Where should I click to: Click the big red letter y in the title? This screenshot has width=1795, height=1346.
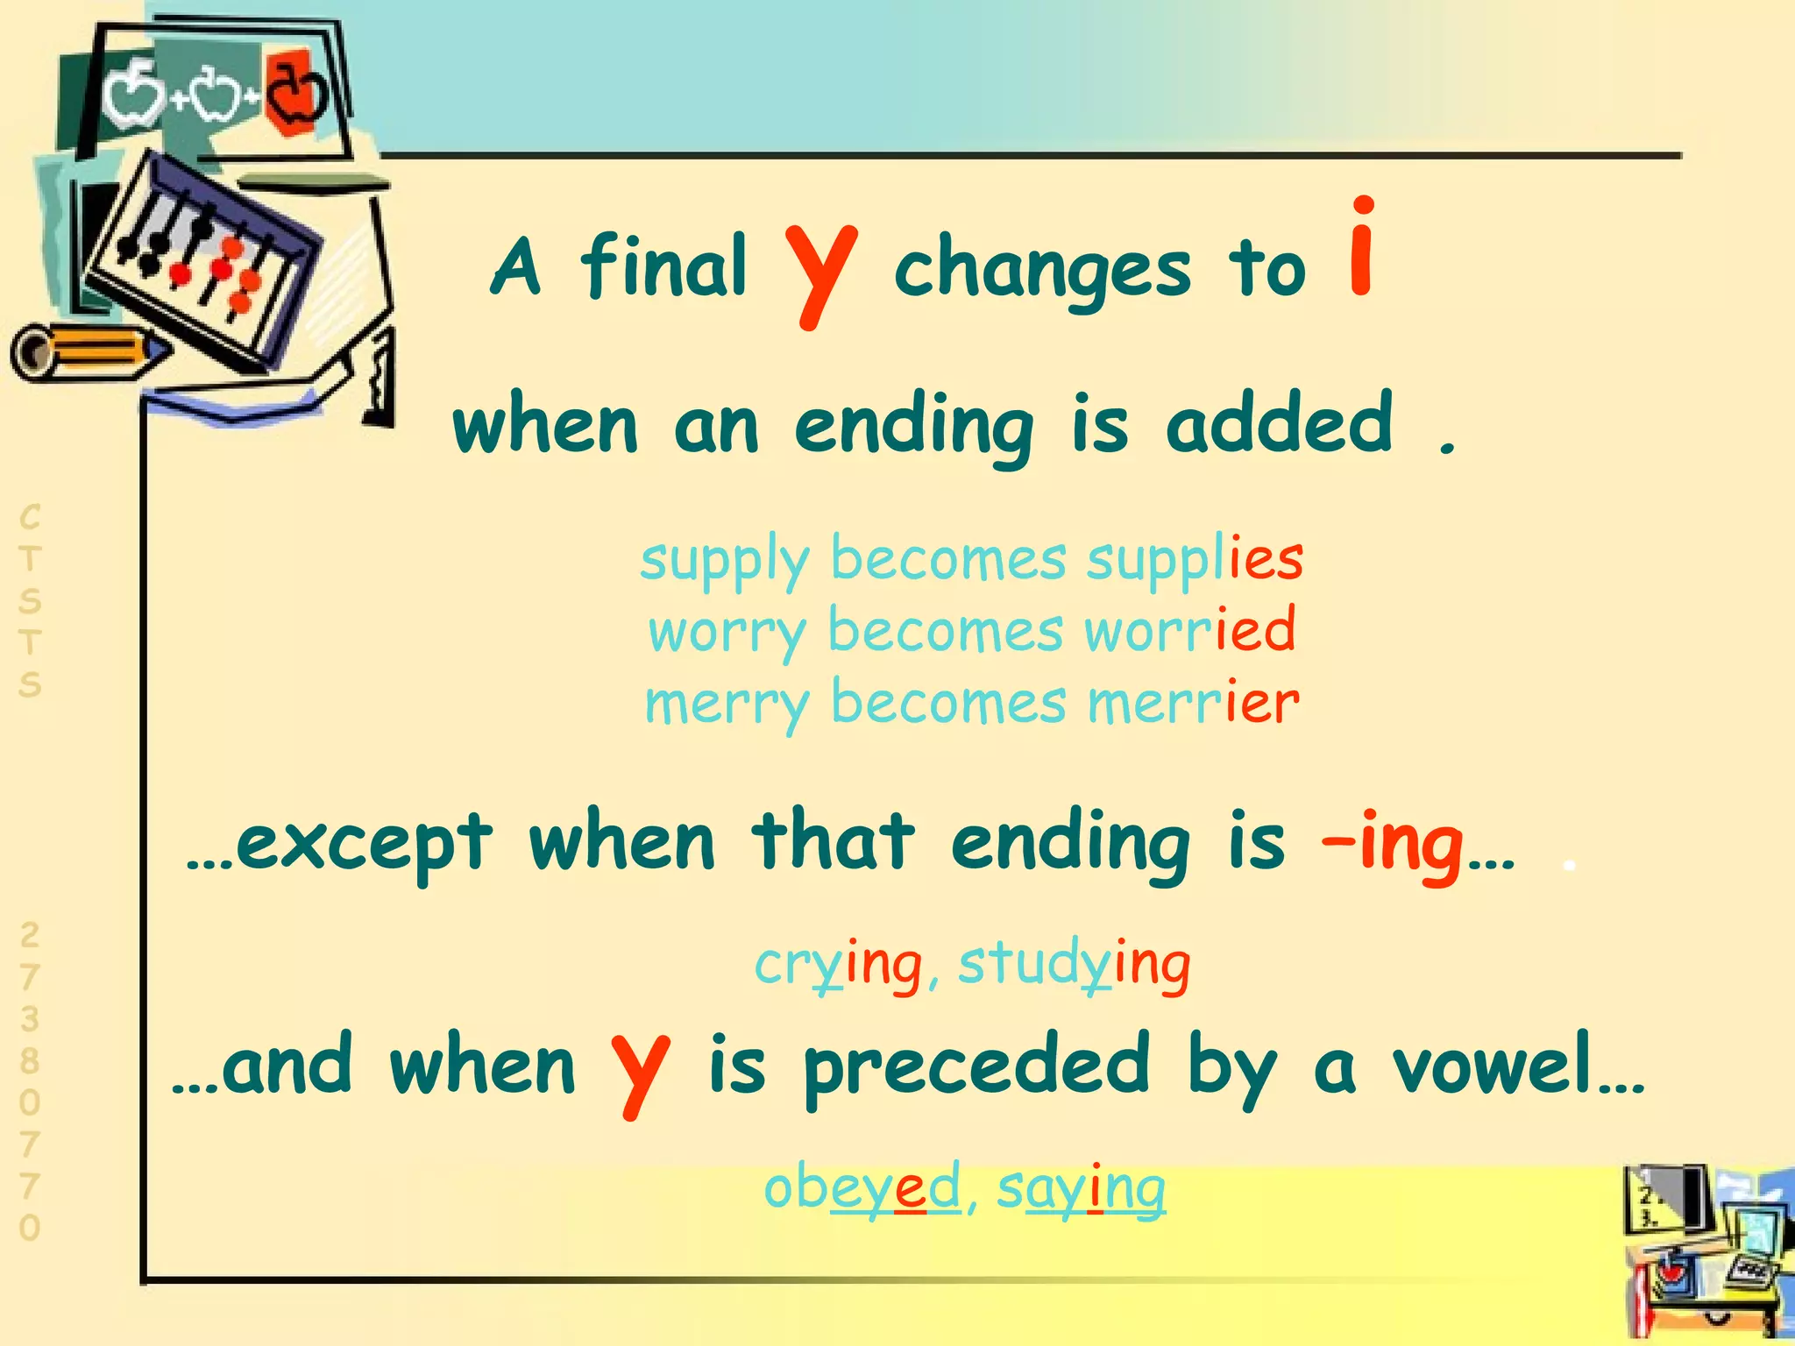tap(820, 273)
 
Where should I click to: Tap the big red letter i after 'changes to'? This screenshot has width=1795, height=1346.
tap(1361, 250)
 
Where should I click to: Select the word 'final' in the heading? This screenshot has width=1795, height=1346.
tap(663, 266)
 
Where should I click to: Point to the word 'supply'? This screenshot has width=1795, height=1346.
tap(724, 561)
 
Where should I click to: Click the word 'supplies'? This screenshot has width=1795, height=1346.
tap(1195, 561)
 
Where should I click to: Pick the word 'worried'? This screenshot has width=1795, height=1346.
tap(1189, 632)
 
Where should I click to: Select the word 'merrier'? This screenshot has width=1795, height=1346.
tap(1193, 704)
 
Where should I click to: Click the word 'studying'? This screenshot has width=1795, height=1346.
tap(1074, 966)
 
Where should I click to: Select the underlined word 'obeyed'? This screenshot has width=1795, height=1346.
tap(862, 1189)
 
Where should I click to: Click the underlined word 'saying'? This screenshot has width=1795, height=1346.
tap(1082, 1189)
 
